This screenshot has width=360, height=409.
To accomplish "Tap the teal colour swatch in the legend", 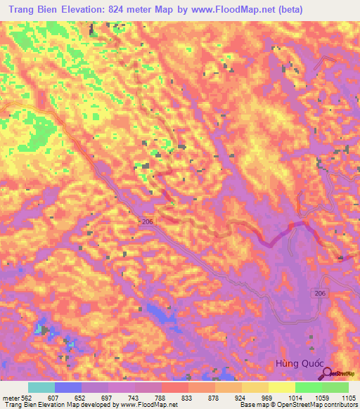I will (41, 387).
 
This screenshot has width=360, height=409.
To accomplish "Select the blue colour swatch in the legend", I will (68, 387).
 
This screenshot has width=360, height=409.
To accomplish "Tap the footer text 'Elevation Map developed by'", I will (79, 405).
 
